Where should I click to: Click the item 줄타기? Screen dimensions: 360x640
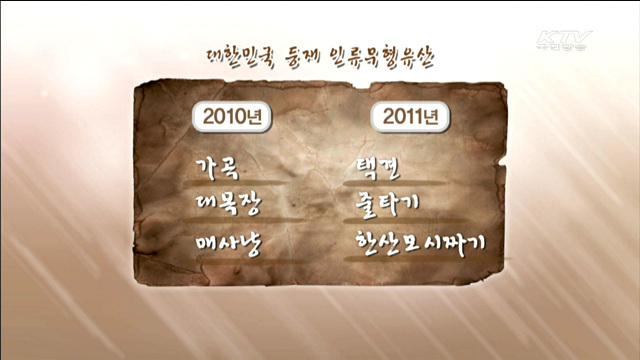tap(392, 204)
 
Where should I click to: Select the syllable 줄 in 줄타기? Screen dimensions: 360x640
tap(366, 204)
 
